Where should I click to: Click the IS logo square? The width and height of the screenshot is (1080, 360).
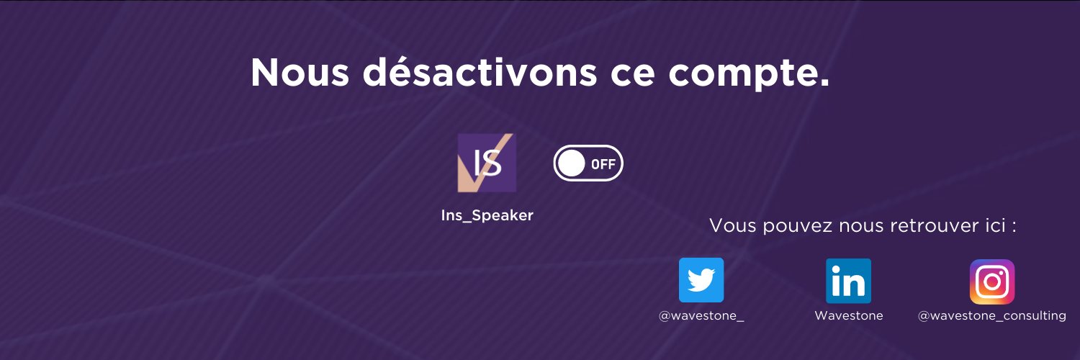[x=487, y=163]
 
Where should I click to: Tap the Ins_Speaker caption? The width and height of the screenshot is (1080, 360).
[x=487, y=215]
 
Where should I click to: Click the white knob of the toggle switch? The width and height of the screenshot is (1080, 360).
[x=572, y=163]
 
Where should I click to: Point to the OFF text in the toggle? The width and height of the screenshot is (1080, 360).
[x=603, y=164]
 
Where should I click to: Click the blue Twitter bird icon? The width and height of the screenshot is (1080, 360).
[x=701, y=280]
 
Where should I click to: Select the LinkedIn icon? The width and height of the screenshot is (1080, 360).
[x=848, y=281]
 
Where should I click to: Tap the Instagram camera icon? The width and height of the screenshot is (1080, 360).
[x=991, y=282]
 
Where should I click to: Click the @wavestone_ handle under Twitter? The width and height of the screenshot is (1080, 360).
[x=701, y=315]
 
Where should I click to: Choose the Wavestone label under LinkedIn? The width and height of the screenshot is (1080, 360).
[x=848, y=315]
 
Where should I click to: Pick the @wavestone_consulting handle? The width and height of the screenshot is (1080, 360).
[x=991, y=315]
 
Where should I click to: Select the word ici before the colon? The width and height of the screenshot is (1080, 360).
[x=998, y=225]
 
